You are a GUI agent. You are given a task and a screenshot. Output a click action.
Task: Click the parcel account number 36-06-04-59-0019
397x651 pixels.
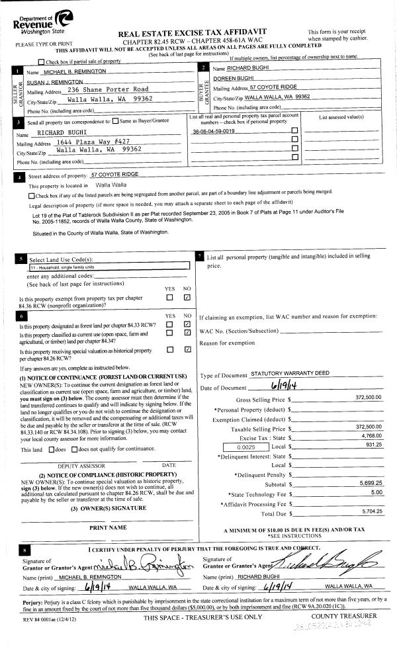213,132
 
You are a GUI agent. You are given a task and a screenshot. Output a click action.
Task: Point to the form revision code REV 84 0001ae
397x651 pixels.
36,618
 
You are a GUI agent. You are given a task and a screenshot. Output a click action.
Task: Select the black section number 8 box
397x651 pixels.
25,550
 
